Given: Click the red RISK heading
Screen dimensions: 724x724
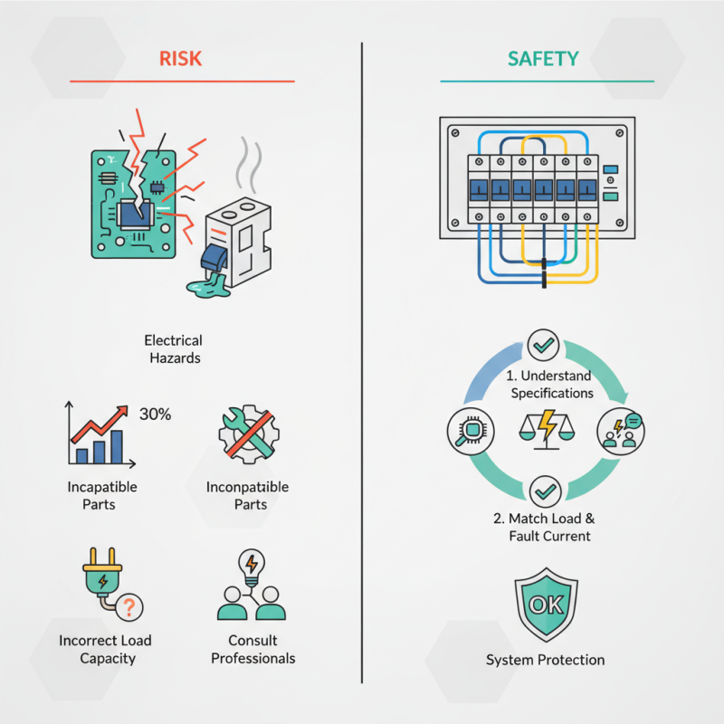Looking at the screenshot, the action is pos(180,59).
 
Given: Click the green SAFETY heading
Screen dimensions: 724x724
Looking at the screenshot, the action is pos(543,59).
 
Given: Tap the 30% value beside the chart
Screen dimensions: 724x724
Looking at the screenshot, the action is pos(155,414).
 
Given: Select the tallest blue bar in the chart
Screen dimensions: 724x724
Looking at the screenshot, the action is pos(117,447).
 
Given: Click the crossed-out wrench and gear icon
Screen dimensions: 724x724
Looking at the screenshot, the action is pos(249,434).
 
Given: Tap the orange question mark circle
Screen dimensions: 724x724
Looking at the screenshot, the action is pos(129,607).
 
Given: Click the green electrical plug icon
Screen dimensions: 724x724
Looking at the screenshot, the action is pos(102,575).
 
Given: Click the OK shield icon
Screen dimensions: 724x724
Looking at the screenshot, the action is pos(547,605).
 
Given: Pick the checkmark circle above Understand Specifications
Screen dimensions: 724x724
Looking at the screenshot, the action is pos(544,345).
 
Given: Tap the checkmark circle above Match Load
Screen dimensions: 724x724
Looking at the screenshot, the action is pos(546,491).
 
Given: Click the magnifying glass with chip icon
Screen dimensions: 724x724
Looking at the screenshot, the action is pos(471,432).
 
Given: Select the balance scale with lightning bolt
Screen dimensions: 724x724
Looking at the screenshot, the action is pos(548,429).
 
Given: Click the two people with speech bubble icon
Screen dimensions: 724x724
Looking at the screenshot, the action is pos(621,432).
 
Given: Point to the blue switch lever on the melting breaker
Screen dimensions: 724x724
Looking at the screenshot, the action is pos(214,258).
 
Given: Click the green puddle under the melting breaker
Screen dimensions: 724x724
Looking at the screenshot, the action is pos(209,286).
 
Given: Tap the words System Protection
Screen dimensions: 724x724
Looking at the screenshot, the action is pos(546,660).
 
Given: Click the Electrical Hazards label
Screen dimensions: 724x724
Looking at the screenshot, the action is pos(174,349).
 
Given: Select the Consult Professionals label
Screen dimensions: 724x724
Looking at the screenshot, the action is pos(253,649).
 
